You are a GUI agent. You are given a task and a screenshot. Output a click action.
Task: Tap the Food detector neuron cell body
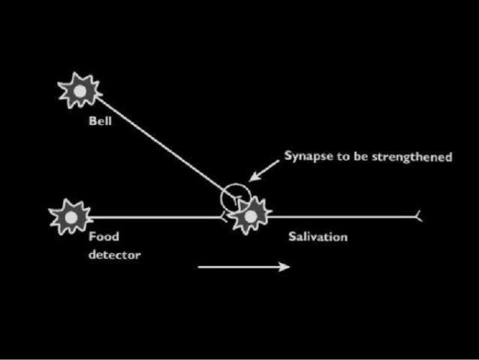[71, 216]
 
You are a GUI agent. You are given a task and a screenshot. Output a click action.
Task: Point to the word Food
[104, 237]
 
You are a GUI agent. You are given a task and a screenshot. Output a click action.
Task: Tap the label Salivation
[318, 237]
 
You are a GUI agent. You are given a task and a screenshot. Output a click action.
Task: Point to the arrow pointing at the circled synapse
[264, 170]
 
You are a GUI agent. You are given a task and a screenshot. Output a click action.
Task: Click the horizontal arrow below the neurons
[240, 266]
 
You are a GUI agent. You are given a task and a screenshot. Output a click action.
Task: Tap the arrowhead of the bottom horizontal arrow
[285, 266]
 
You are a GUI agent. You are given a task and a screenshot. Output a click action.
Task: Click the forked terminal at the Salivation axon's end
[418, 216]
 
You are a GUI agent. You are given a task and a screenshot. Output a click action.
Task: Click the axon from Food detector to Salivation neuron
[150, 216]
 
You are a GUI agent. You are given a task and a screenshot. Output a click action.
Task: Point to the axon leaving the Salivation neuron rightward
[338, 216]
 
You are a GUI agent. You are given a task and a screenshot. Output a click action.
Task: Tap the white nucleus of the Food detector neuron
[71, 216]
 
